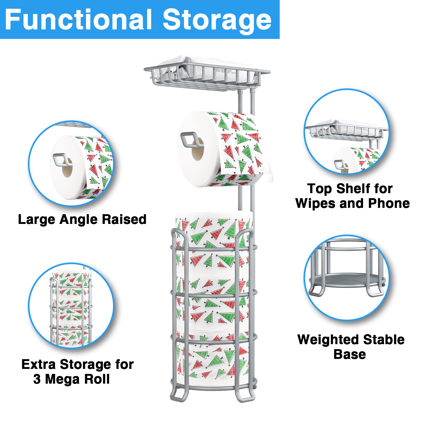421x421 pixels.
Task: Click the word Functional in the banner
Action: coord(78,20)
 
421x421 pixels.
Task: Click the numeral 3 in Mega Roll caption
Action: coord(37,379)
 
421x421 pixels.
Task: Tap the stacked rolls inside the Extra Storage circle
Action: coord(71,308)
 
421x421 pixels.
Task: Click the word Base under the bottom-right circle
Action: coord(349,354)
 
